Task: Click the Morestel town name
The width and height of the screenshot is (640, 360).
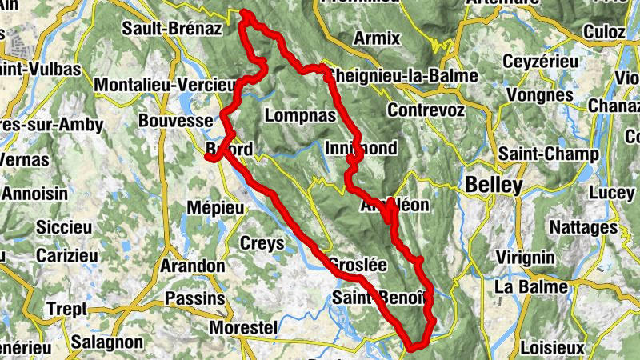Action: click(242, 328)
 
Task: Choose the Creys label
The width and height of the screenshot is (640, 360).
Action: click(262, 242)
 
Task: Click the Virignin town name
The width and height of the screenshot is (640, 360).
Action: click(525, 257)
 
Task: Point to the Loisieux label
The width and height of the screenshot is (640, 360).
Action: click(553, 348)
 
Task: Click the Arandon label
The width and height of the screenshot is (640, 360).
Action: click(193, 265)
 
